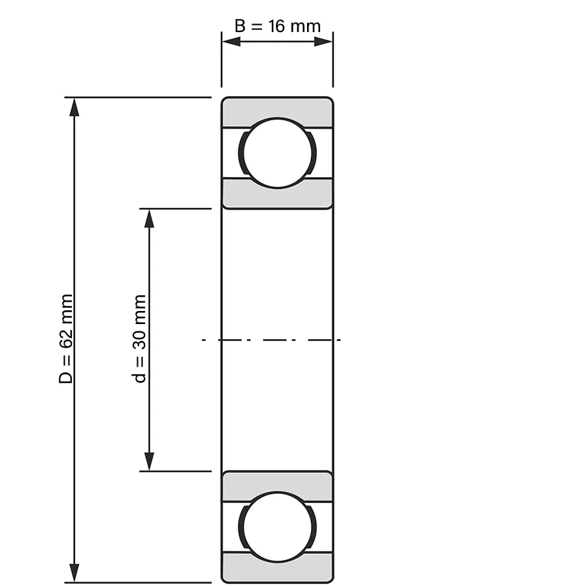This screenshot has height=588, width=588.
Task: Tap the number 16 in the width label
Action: pos(276,26)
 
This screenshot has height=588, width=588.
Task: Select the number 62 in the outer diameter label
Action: pos(65,339)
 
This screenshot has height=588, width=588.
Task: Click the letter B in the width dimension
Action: pos(240,26)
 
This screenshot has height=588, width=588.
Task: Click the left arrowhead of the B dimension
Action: pos(231,41)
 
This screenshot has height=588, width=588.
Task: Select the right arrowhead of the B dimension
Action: pos(323,41)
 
